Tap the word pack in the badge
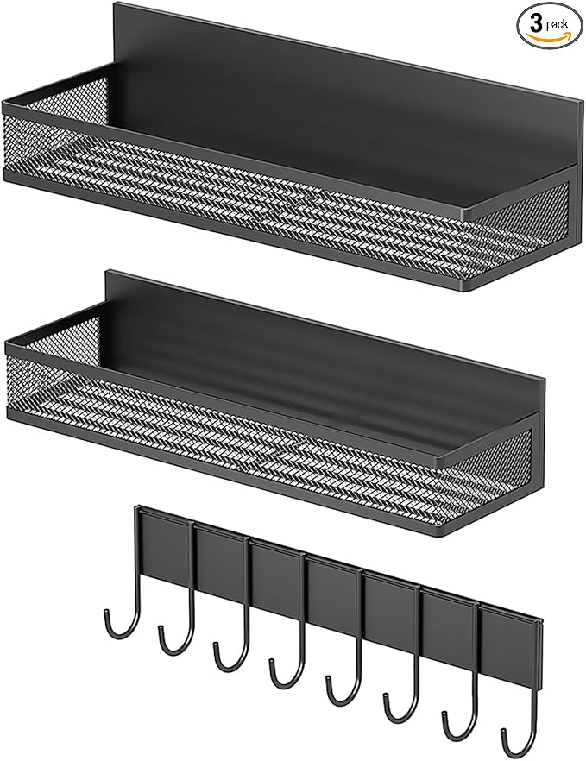(x=557, y=24)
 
